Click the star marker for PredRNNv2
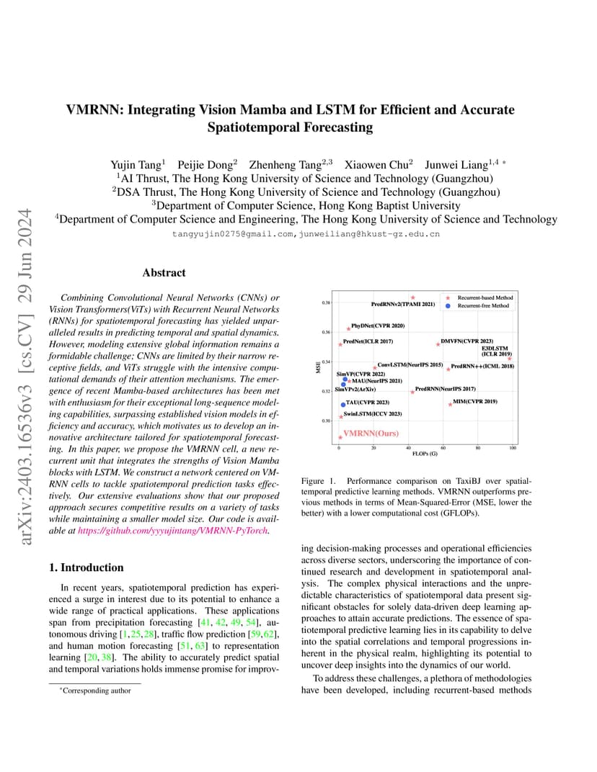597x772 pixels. [x=413, y=297]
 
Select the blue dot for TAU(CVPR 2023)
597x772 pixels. [x=343, y=405]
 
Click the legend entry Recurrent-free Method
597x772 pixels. [x=483, y=306]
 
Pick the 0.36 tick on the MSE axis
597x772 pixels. [x=326, y=333]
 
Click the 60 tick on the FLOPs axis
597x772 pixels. [x=443, y=448]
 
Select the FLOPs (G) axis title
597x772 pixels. [x=425, y=454]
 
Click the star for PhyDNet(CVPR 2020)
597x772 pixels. [x=348, y=328]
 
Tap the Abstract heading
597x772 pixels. [x=164, y=273]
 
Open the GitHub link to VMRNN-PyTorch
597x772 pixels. [x=172, y=531]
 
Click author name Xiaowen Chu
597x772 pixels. [x=377, y=164]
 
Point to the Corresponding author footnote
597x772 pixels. [x=97, y=691]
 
